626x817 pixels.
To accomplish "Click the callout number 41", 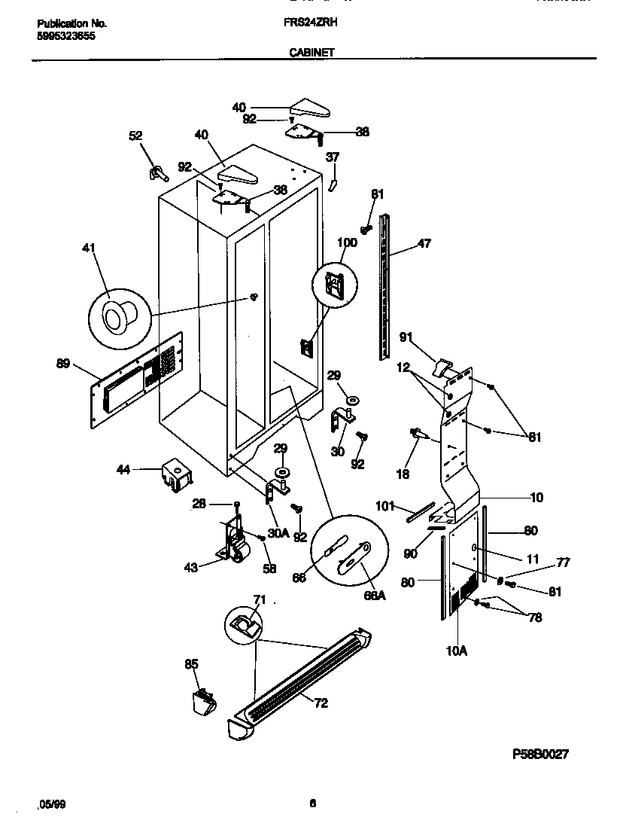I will [97, 248].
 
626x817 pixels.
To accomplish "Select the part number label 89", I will [62, 364].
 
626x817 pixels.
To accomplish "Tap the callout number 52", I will [135, 136].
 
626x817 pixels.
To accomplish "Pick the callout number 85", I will [191, 664].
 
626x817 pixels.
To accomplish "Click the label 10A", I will [457, 651].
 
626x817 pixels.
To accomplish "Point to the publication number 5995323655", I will [66, 35].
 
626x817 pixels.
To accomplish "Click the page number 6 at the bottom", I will [312, 803].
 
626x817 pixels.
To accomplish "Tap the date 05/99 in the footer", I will [52, 803].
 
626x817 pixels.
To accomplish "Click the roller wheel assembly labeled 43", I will [234, 546].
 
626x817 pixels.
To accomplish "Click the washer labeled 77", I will [500, 579].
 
